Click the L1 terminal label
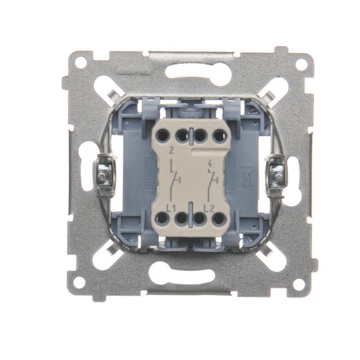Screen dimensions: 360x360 [171, 209]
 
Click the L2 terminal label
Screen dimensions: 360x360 [209, 209]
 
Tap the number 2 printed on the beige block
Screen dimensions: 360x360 [171, 151]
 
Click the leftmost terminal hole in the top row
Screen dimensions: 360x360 [163, 135]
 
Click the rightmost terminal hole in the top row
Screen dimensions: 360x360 [219, 136]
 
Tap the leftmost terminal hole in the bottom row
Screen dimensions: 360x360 [162, 218]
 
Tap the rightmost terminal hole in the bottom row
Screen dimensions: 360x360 [218, 219]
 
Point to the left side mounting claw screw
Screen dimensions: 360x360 [102, 175]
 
